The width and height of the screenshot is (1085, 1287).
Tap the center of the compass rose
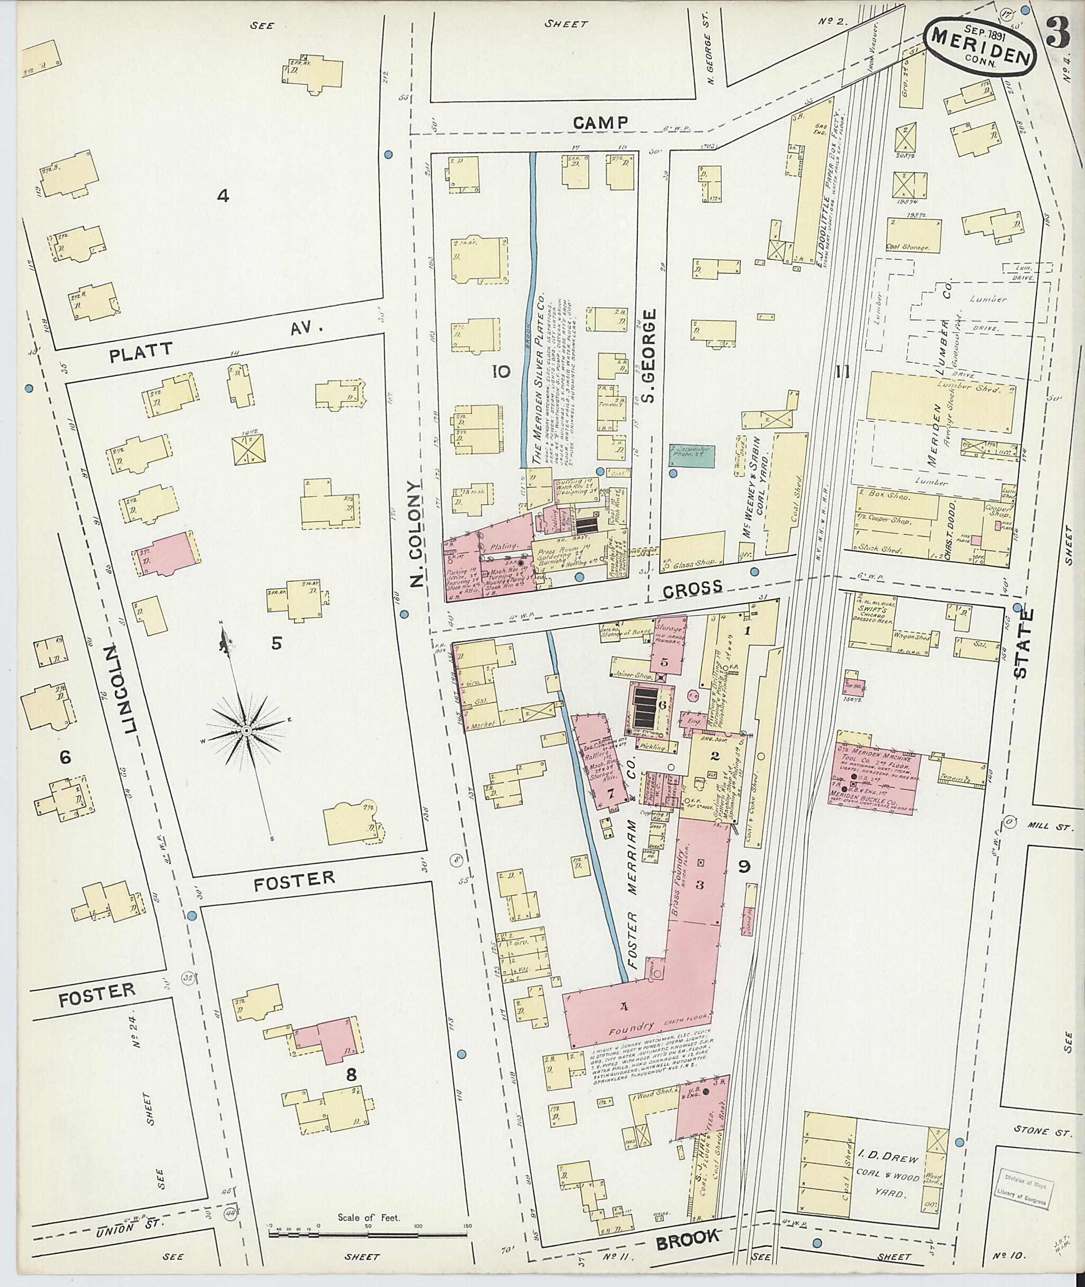245,730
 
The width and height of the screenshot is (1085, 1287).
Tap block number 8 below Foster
351,1075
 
